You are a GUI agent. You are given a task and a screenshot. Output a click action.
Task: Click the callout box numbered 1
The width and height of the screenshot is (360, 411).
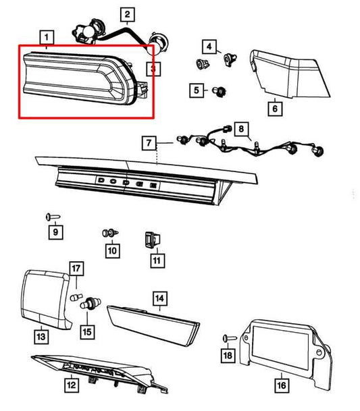pos(47,38)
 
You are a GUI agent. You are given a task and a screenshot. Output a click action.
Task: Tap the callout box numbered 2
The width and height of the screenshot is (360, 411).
pos(128,15)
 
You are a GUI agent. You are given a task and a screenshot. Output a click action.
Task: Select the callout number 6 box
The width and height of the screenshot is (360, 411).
pos(275,109)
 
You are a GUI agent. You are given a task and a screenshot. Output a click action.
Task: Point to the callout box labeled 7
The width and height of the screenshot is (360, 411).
pos(149,143)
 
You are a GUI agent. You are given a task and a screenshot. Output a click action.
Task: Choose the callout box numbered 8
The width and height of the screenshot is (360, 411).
pos(241,129)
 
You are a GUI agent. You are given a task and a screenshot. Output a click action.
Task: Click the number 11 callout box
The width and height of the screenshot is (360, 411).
pos(157,261)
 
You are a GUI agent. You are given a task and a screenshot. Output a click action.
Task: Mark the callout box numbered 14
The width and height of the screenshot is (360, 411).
pos(160,298)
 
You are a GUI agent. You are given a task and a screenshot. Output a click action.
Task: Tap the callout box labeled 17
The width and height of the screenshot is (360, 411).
pos(76,269)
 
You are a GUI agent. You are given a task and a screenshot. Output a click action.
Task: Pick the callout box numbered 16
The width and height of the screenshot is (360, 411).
pos(282,385)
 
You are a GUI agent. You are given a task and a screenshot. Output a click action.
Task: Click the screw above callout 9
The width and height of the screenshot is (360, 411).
pos(53,217)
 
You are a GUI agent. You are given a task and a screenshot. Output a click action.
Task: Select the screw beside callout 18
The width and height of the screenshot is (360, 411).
pos(230,338)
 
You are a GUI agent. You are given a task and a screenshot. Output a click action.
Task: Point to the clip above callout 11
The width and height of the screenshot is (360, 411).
pos(152,240)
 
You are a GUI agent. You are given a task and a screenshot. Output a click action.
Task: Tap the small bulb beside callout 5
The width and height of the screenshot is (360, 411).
pos(220,92)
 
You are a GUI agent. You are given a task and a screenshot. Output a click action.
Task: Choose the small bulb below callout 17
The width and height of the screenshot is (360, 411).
pos(76,297)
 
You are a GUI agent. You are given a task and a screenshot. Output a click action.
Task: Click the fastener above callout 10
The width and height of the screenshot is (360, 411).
pos(110,233)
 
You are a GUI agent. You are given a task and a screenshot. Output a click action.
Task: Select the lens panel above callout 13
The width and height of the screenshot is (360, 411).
pos(46,300)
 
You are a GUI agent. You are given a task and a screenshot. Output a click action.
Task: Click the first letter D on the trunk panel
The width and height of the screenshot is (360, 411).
pos(101,180)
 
